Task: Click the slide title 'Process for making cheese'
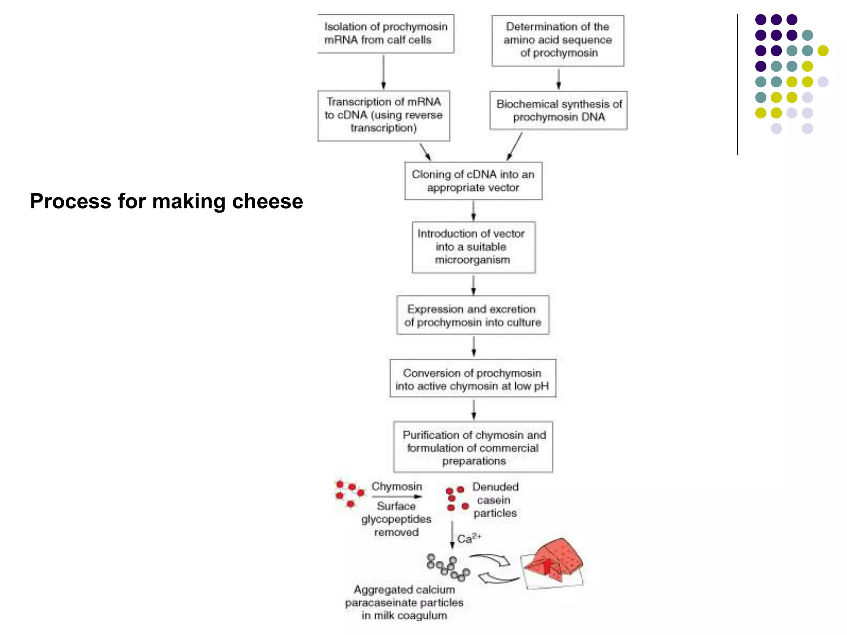166,201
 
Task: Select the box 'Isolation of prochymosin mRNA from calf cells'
385,33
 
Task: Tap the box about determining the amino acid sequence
557,40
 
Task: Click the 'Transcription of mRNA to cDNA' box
383,115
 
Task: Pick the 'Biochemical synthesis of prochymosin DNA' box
558,110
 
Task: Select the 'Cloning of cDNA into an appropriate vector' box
473,181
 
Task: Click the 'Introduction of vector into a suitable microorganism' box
473,247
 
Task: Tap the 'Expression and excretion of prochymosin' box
473,315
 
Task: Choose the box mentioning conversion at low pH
472,379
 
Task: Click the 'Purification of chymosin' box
473,447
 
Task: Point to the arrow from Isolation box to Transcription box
383,72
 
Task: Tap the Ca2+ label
469,539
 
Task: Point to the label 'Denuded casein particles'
495,500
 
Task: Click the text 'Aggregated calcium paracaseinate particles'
404,602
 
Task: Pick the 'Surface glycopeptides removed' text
396,519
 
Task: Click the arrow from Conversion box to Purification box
474,410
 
